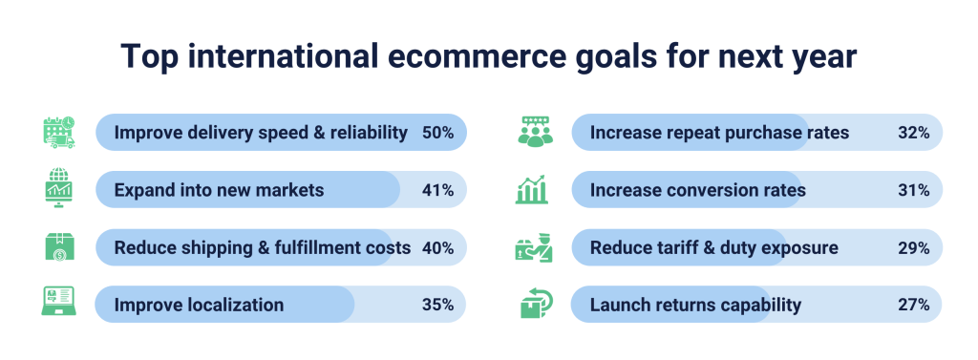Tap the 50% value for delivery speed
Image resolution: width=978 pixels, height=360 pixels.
coord(437,133)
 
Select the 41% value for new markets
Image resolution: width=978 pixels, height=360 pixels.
coord(437,190)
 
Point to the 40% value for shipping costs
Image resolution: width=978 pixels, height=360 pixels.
coord(437,247)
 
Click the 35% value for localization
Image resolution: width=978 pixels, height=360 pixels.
coord(437,306)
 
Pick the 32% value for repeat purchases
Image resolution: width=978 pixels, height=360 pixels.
coord(914,133)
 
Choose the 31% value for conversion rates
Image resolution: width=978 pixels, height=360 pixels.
coord(914,190)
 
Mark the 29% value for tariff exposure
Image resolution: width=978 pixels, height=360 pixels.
coord(914,247)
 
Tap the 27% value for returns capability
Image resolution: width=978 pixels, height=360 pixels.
coord(914,306)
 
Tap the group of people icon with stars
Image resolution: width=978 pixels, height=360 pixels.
coord(535,132)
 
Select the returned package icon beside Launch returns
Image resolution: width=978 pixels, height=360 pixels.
coord(535,304)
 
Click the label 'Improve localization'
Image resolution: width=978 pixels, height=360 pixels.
coord(199,306)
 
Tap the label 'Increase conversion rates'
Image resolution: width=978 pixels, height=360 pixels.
coord(697,190)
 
